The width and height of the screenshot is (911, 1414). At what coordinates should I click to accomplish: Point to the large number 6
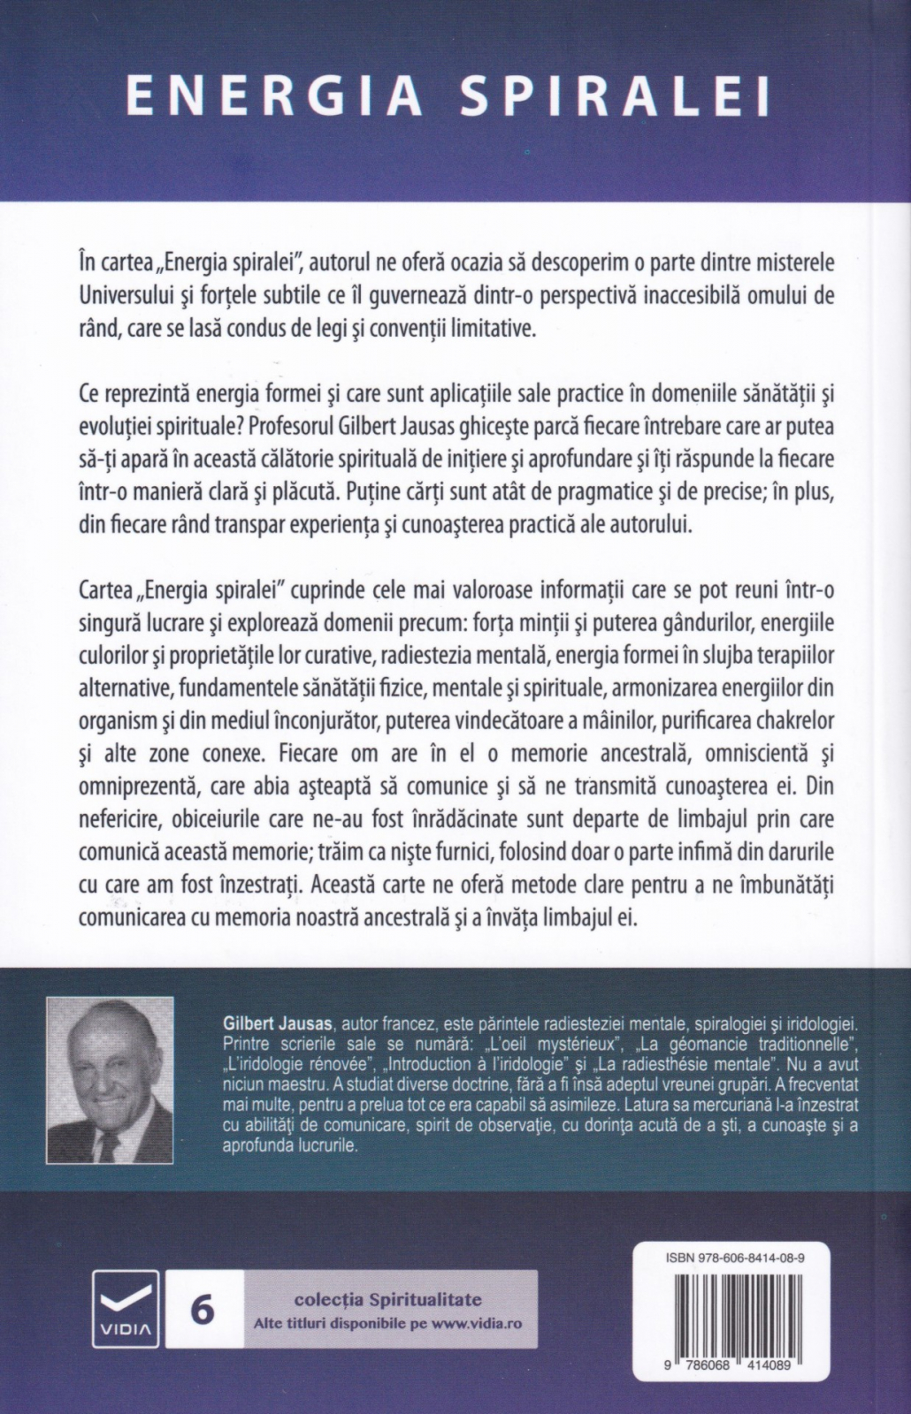click(x=203, y=1310)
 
